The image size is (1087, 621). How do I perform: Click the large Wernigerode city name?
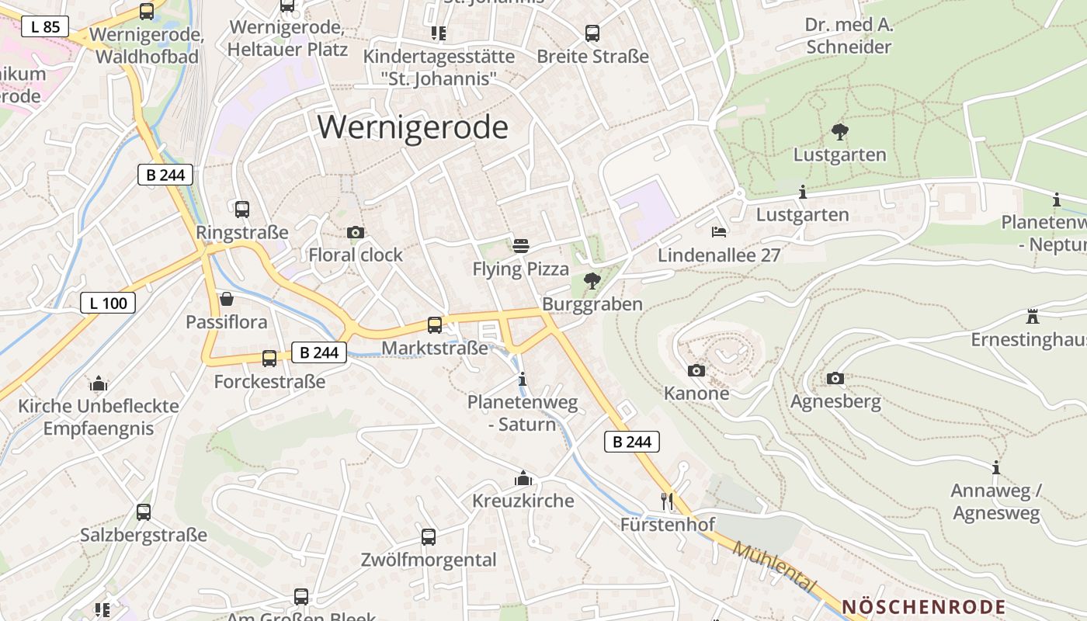412,127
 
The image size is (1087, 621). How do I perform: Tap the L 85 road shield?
45,27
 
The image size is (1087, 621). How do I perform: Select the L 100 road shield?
108,303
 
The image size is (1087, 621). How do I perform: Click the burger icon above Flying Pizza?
521,246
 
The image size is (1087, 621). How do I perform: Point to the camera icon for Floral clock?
356,232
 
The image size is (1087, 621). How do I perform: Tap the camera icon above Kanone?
696,370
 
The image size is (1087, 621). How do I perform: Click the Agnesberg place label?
835,401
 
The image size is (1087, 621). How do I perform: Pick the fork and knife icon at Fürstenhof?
666,501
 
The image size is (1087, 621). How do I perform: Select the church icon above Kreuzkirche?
523,477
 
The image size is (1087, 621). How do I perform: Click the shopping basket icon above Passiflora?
227,299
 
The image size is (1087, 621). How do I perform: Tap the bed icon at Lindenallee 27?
719,232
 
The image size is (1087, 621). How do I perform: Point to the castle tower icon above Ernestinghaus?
1033,316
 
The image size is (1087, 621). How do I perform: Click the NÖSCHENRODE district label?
923,607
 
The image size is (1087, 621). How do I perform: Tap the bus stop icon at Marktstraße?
435,324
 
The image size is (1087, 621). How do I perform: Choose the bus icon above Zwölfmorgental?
429,536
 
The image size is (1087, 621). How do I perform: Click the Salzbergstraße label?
144,535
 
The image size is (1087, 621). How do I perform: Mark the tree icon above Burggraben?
592,280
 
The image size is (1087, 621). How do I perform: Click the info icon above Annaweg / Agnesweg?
996,467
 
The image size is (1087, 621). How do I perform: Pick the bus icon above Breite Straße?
592,33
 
